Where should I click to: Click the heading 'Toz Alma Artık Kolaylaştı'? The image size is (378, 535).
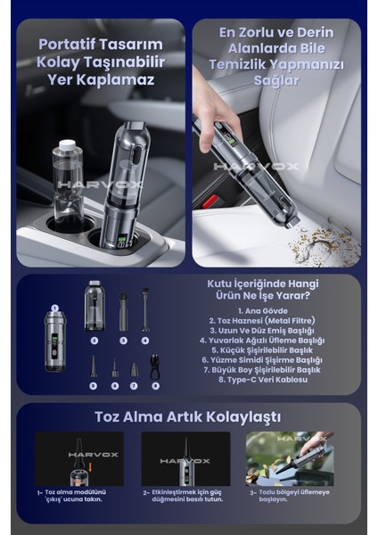(x=188, y=416)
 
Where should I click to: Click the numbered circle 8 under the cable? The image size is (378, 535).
(x=155, y=385)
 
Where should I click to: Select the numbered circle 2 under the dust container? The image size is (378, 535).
(x=94, y=341)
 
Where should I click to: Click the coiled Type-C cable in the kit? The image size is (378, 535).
(x=155, y=366)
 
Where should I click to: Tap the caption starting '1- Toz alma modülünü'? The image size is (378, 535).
(x=78, y=495)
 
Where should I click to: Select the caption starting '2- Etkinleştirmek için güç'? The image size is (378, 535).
(x=185, y=495)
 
